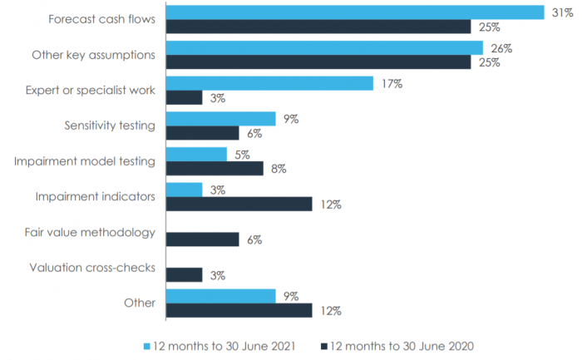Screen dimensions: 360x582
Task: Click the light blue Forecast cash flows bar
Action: point(355,12)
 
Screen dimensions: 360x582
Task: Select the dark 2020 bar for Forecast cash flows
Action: point(318,27)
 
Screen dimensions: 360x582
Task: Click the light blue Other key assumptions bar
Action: point(324,48)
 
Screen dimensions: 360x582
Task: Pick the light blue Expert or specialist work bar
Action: point(269,83)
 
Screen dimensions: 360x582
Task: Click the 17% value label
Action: point(392,83)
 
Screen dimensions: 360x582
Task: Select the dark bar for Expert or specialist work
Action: point(185,98)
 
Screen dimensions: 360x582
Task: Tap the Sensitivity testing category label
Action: point(110,126)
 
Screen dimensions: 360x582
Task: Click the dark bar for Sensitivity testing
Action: point(203,133)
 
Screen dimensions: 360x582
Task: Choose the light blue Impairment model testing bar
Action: point(196,154)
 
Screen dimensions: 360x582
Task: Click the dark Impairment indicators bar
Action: point(239,205)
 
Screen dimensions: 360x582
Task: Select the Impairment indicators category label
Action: point(95,196)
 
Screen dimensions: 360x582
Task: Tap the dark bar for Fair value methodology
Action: point(203,239)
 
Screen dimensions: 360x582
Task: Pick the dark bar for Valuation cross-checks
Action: point(185,275)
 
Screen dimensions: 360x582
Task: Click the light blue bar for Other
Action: point(221,296)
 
